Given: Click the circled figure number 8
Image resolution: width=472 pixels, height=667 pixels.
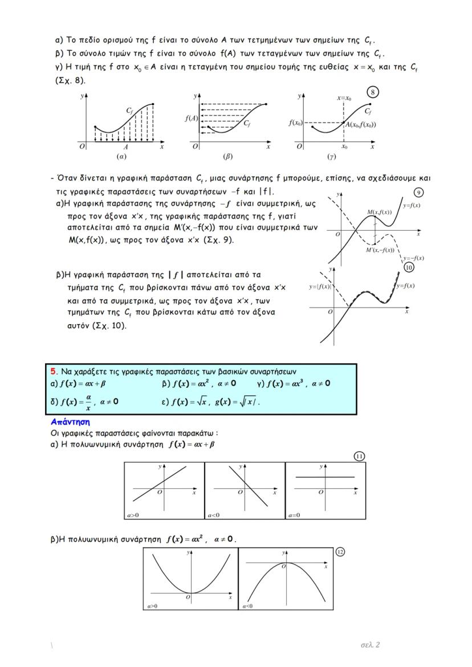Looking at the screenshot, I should [372, 92].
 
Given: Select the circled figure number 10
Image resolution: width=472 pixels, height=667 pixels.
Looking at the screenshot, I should [408, 267].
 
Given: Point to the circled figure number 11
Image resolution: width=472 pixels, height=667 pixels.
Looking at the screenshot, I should [359, 456].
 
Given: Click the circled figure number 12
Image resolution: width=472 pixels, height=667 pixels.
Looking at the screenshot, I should [340, 551].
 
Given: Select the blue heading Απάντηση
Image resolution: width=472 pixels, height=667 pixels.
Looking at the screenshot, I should [70, 423].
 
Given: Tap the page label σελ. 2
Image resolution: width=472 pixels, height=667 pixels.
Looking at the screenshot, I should [370, 645].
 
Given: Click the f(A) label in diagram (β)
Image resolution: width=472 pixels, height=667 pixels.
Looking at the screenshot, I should [191, 118].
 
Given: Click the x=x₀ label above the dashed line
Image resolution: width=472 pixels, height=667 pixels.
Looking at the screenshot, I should [344, 98].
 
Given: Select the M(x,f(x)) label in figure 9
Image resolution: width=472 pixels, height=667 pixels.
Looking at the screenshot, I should [379, 212].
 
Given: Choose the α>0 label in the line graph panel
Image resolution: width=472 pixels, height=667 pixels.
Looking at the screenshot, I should [133, 515].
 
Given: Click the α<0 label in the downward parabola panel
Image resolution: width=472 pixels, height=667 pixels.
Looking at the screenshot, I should [247, 606].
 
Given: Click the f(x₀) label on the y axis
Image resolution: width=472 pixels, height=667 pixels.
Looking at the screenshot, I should [295, 123].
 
